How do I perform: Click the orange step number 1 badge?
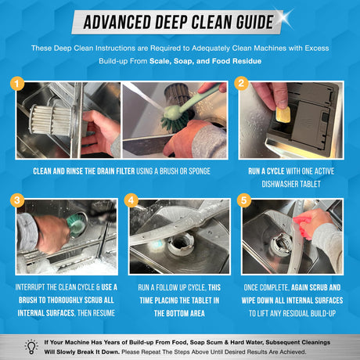coord(17,84)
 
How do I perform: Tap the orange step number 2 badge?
coord(241,83)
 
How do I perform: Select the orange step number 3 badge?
coord(17,200)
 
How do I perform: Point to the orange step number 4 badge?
coord(131,200)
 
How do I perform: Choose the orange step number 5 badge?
coord(243,200)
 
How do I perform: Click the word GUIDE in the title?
coord(255,22)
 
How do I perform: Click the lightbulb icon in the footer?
coord(31,347)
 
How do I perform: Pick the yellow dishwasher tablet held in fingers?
coord(283,115)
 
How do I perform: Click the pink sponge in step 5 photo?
coord(302,225)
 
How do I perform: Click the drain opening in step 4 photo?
coord(181,245)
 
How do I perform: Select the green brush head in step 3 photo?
coord(76,224)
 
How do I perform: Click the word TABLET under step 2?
coord(310,184)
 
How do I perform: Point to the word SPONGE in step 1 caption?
coord(200,171)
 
